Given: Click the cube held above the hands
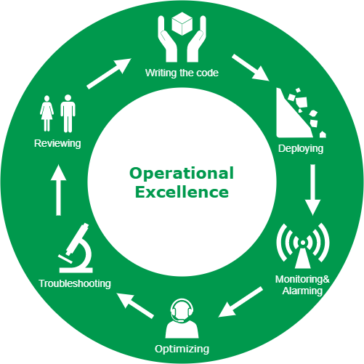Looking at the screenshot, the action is click(x=182, y=24).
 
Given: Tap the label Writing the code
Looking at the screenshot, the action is click(x=182, y=73).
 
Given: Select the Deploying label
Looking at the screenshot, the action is click(x=301, y=149).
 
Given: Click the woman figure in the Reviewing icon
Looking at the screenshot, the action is click(x=46, y=113).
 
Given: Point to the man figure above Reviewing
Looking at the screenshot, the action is click(x=68, y=113).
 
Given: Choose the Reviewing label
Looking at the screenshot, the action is click(x=57, y=143).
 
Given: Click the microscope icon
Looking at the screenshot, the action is click(x=76, y=248).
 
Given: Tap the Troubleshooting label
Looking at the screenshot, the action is click(x=75, y=283).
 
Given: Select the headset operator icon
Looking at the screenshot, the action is click(x=182, y=318).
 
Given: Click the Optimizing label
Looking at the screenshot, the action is click(x=182, y=349).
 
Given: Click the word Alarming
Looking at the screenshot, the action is click(x=302, y=291).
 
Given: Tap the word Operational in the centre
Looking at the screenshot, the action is click(x=182, y=174).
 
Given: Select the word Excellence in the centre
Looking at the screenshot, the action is click(x=182, y=192).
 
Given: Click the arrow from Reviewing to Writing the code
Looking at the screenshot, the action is click(x=109, y=73).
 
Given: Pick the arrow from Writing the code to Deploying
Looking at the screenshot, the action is click(x=251, y=68).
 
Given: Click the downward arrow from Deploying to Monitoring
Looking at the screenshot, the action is click(x=313, y=190).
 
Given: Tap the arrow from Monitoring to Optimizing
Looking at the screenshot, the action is click(x=240, y=302).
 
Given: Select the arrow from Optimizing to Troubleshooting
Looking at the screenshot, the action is click(x=135, y=305).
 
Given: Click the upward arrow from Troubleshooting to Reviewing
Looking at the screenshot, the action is click(x=58, y=190).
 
